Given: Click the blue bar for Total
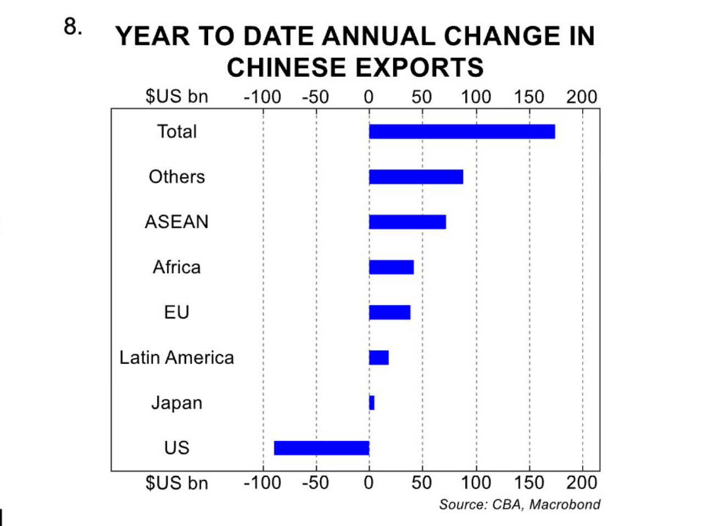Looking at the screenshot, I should (461, 132).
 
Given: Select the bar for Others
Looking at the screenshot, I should (416, 177).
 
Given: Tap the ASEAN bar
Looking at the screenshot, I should (407, 222).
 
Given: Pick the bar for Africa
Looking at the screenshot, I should (391, 267).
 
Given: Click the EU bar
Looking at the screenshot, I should (389, 312).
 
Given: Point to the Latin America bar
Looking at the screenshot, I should (378, 358).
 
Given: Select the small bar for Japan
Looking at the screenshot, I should (372, 403).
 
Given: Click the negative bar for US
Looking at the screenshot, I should (321, 448).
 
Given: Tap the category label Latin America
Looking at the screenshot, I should (176, 358).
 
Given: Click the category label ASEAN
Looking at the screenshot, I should (176, 222).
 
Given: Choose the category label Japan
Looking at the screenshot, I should (176, 403).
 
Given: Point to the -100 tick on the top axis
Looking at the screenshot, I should (263, 97).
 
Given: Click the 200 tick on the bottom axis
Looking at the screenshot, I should (582, 483).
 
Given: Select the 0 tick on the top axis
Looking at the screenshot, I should (369, 97).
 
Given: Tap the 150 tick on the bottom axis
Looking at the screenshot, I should (529, 483).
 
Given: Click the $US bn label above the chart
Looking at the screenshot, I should (176, 97).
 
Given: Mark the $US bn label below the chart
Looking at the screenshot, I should (176, 483).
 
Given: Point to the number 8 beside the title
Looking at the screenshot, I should (72, 26).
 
